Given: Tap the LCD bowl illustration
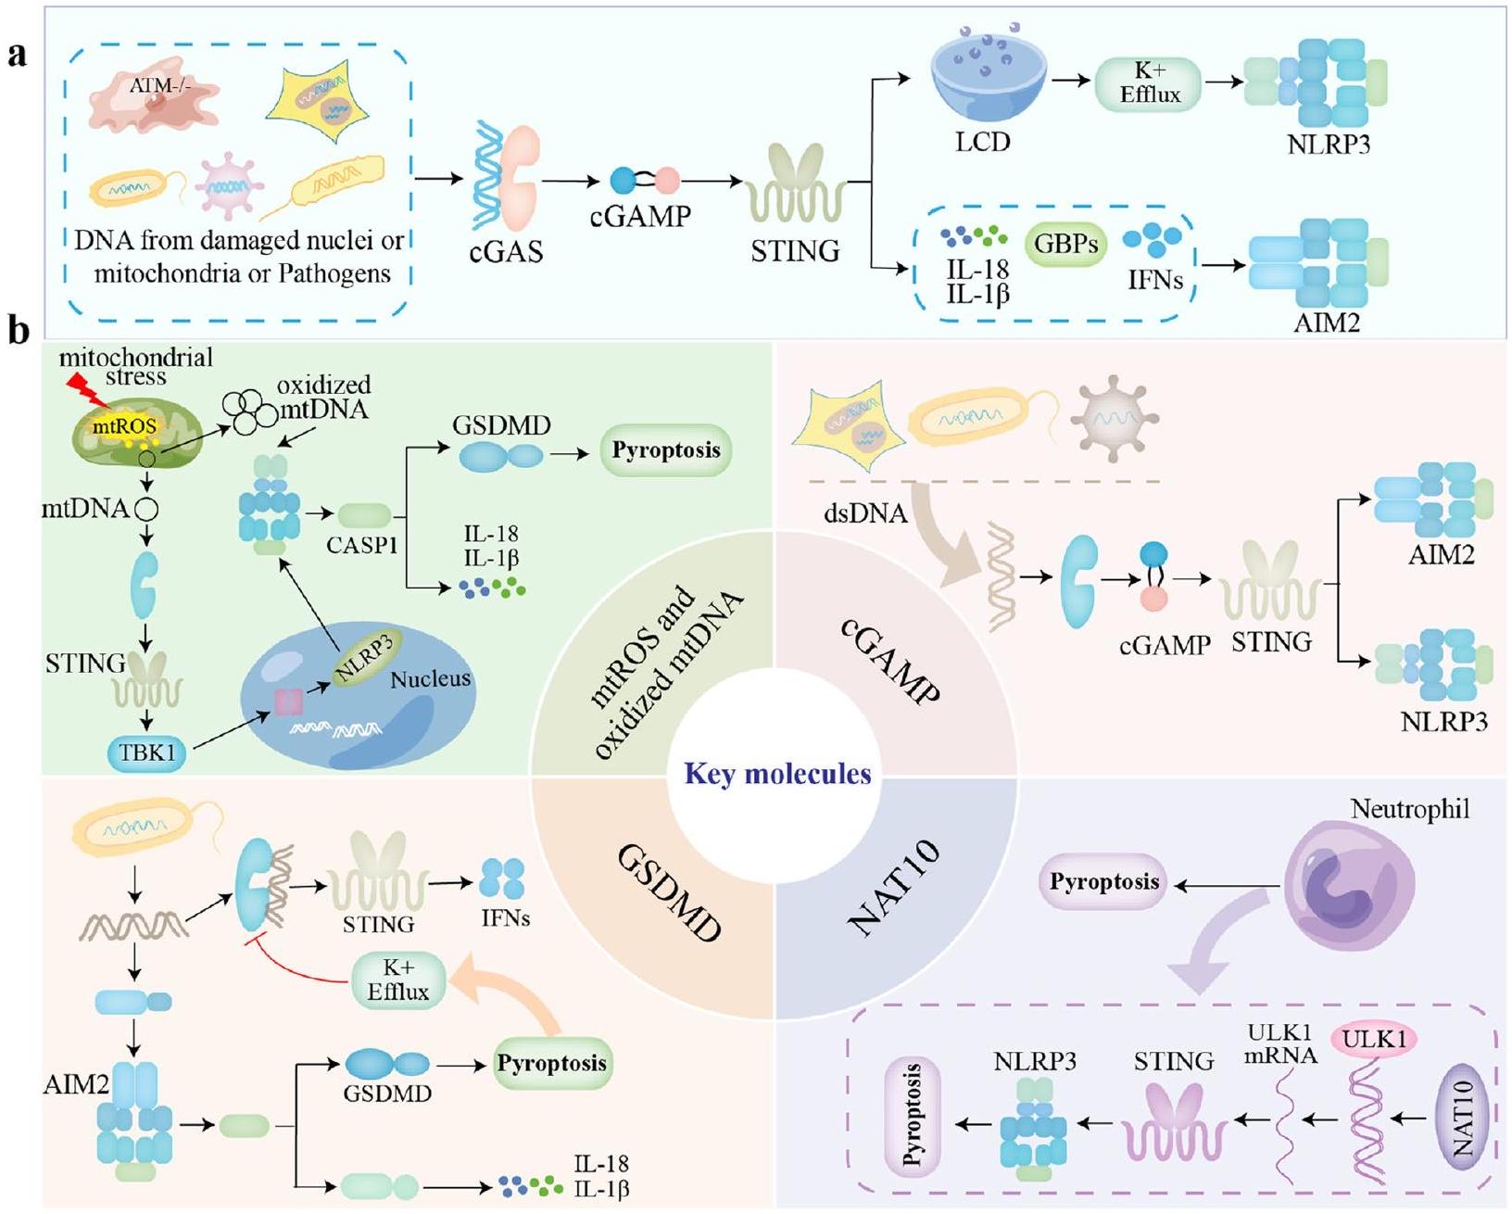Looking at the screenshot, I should click(989, 83).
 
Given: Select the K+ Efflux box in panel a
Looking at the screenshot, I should click(1148, 84).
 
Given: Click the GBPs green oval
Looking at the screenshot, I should click(1065, 245).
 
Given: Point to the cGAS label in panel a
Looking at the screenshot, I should click(506, 251).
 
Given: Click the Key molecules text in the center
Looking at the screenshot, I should click(777, 774).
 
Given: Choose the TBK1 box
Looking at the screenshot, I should click(147, 752).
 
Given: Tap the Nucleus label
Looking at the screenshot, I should click(430, 679).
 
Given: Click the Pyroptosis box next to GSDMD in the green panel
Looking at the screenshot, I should click(665, 450).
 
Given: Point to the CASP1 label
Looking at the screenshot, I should click(361, 545).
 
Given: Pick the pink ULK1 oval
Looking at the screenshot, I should click(1374, 1040).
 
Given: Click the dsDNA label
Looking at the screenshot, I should click(864, 512).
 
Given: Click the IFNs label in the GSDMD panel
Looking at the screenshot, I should click(505, 918).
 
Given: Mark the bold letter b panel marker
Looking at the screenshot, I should click(18, 331).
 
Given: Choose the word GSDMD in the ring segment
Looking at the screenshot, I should click(668, 893).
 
